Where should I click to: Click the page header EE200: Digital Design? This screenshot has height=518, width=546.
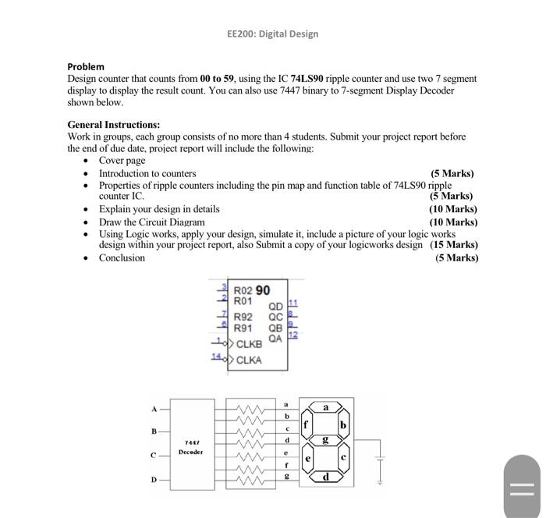272,34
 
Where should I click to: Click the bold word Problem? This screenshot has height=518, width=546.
86,66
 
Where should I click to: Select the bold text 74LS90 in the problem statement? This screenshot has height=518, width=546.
307,79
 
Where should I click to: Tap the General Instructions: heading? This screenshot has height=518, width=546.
114,124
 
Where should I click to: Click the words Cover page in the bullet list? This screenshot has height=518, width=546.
122,160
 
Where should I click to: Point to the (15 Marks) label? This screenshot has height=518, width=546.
454,244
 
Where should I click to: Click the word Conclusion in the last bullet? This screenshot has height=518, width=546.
122,257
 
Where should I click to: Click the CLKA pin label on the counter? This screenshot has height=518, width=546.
250,360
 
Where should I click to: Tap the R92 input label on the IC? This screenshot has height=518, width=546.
243,317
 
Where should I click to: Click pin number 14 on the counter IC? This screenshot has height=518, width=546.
216,357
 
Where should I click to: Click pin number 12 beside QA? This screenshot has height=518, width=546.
293,335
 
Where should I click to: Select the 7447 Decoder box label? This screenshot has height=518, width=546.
190,446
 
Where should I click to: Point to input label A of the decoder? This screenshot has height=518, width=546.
154,408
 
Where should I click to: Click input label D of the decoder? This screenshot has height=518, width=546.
154,479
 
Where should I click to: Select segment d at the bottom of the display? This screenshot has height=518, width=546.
325,476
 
